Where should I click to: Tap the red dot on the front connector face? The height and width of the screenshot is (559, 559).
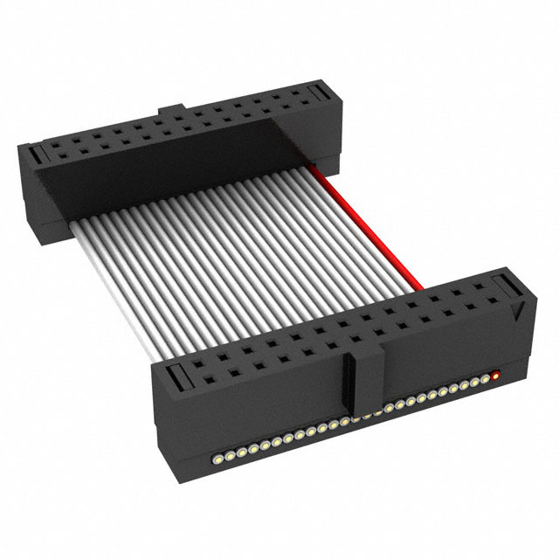point(496,376)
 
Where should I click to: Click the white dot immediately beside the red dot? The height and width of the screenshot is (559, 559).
point(487,380)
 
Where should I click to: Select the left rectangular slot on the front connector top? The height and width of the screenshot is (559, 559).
point(172,377)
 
